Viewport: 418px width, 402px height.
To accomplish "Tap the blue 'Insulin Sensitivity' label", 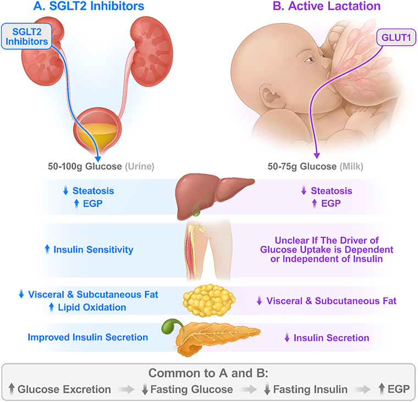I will coord(93,249).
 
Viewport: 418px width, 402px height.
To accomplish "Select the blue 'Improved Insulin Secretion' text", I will coord(88,337).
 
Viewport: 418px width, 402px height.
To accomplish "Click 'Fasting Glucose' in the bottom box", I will coord(187,389).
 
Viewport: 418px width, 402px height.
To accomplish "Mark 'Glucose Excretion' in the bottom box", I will coord(64,389).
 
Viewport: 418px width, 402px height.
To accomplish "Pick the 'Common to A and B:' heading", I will coord(209,372).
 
